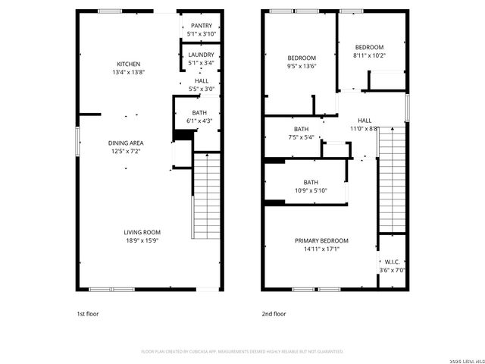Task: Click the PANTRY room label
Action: pos(202,26)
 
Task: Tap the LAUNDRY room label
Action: pos(202,55)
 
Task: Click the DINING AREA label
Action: pos(126,143)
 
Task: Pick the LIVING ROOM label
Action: pos(142,232)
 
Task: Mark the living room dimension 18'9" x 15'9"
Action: pos(142,240)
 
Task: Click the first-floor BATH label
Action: pos(199,112)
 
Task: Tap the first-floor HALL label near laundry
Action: pos(202,81)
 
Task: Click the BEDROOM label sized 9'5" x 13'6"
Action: pos(302,58)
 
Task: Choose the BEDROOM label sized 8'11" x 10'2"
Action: pos(369,47)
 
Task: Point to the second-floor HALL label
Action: pos(365,121)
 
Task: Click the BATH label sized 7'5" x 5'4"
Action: pos(301,129)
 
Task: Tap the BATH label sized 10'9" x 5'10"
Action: pos(311,182)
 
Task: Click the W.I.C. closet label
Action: pos(392,262)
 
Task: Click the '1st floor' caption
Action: pos(87,313)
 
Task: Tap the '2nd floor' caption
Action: pos(274,313)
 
